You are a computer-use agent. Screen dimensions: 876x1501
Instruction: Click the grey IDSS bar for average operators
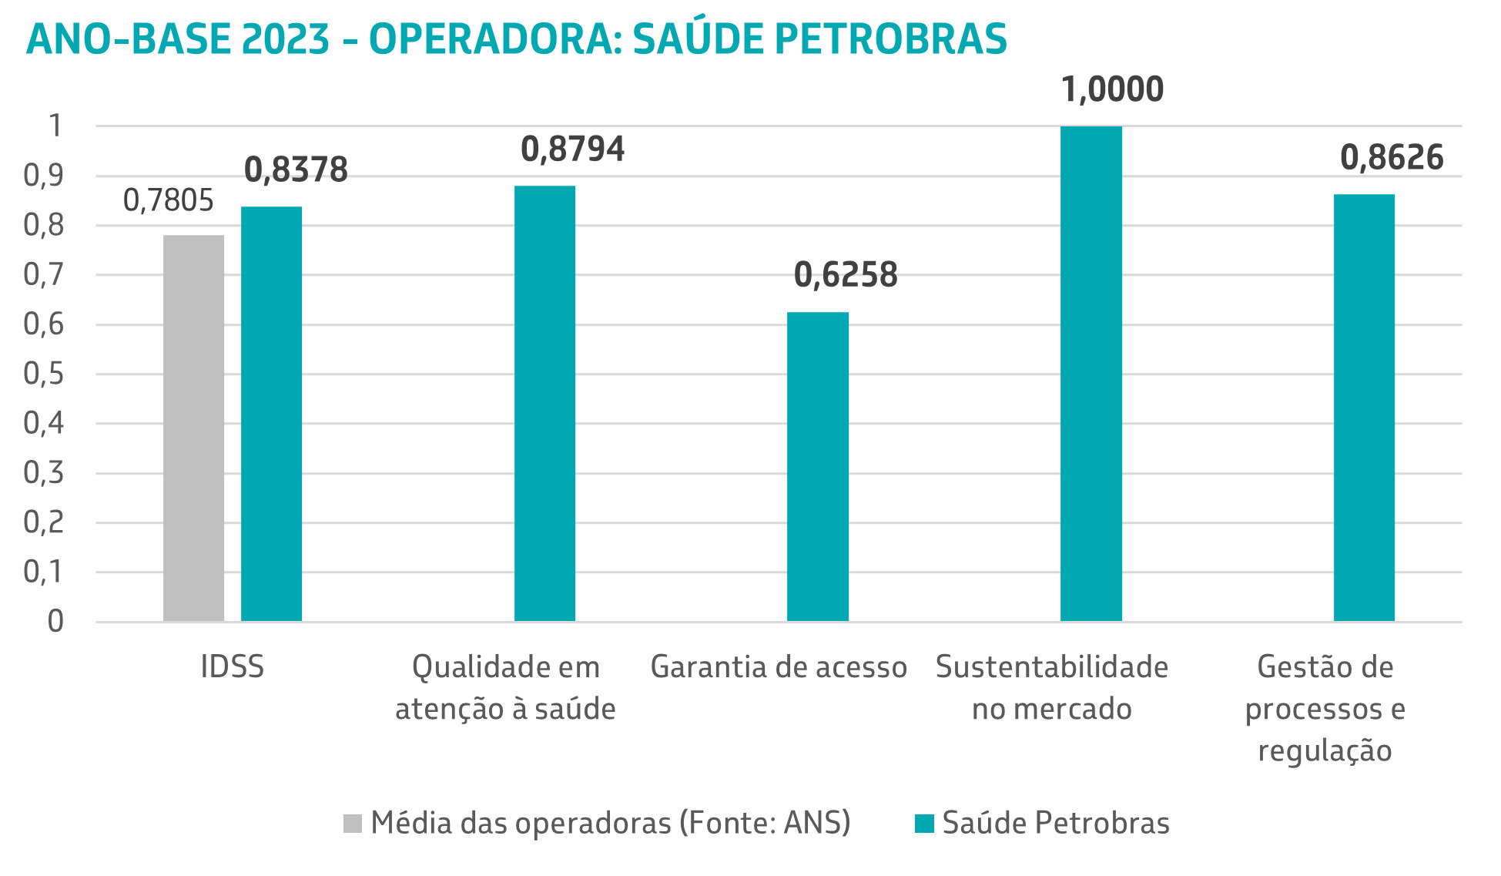(193, 428)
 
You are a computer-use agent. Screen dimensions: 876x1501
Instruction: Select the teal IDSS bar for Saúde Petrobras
(271, 414)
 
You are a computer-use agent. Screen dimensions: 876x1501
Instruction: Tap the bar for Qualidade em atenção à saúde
(544, 403)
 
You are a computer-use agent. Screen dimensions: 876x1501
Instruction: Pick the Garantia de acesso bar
(817, 466)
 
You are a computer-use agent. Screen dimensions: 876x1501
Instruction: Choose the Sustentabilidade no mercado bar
(1091, 374)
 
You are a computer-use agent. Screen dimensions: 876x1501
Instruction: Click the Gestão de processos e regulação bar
(1364, 408)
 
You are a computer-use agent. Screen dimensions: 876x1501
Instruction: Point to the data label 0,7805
(169, 201)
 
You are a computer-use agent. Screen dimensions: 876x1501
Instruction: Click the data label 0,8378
(296, 170)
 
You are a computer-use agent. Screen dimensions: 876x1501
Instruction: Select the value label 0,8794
(572, 149)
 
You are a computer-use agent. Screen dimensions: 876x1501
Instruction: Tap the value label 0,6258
(846, 276)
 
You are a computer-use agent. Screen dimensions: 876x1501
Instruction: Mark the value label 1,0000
(1112, 90)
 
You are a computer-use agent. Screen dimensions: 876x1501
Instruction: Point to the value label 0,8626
(1392, 158)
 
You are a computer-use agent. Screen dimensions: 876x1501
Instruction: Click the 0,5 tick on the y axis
(43, 374)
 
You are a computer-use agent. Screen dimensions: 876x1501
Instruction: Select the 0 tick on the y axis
(55, 622)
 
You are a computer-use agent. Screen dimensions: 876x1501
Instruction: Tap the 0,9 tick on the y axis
(43, 176)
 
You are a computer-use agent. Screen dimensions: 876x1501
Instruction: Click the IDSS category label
(232, 667)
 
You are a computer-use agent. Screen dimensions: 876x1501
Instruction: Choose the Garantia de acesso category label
(779, 667)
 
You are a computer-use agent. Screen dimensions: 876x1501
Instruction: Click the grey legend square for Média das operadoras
(352, 824)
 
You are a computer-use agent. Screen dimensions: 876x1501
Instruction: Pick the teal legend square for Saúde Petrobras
(924, 824)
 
